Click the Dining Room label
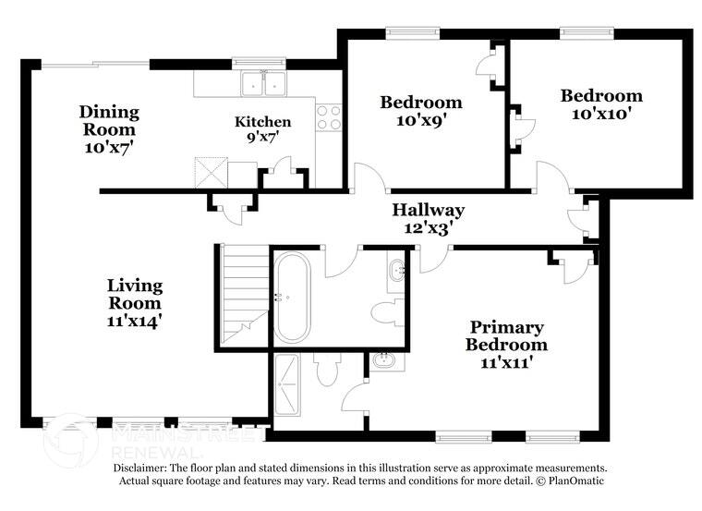[109, 120]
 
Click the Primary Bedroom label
[505, 335]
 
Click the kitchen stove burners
[329, 117]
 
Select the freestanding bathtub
[292, 296]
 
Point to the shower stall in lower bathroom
[291, 383]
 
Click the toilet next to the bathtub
[387, 311]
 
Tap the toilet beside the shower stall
[325, 371]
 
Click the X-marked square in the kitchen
[210, 173]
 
